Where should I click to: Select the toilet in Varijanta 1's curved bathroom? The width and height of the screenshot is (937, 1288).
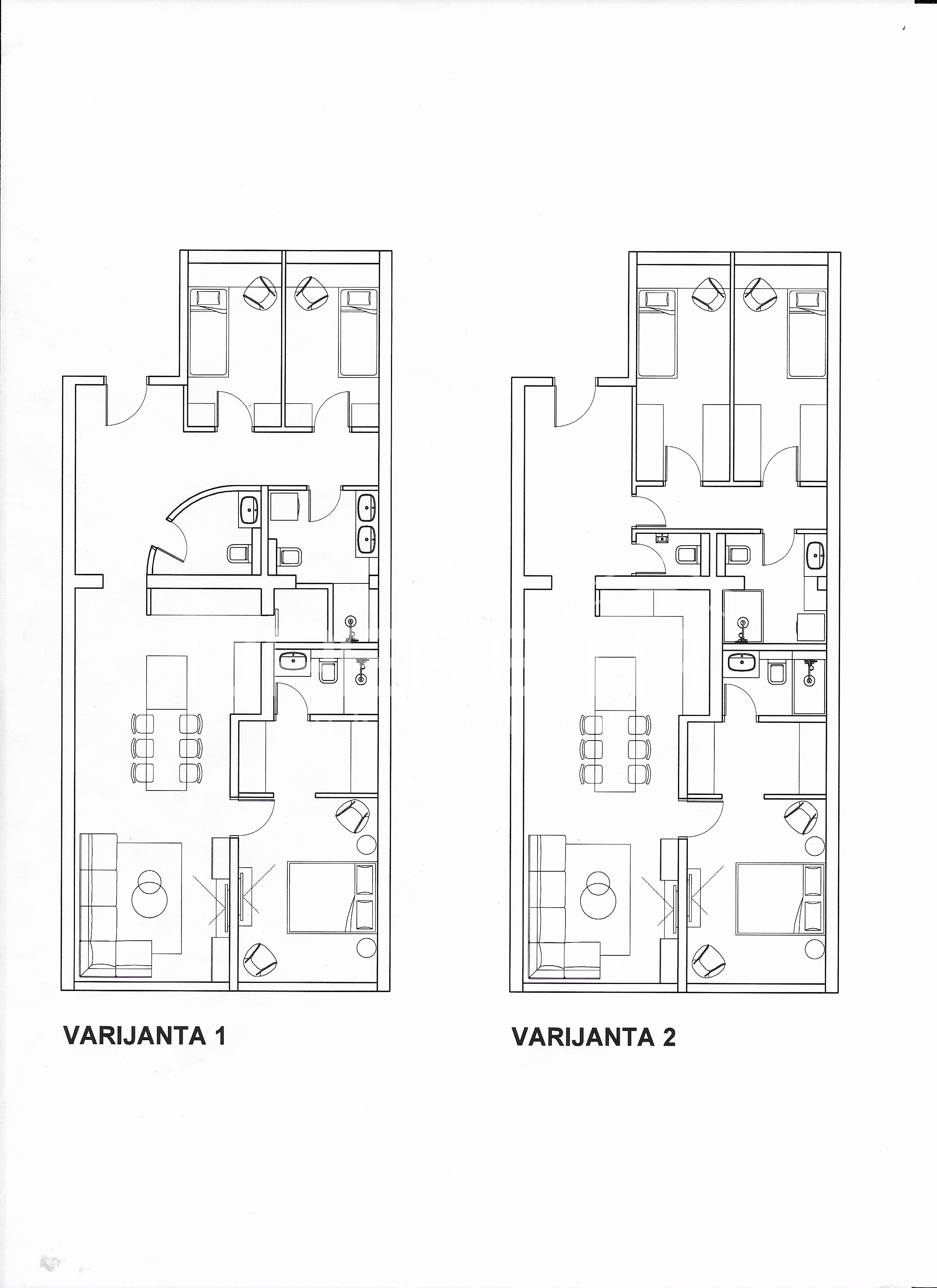pyautogui.click(x=238, y=553)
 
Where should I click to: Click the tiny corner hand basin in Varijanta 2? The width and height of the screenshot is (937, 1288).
pyautogui.click(x=661, y=538)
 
